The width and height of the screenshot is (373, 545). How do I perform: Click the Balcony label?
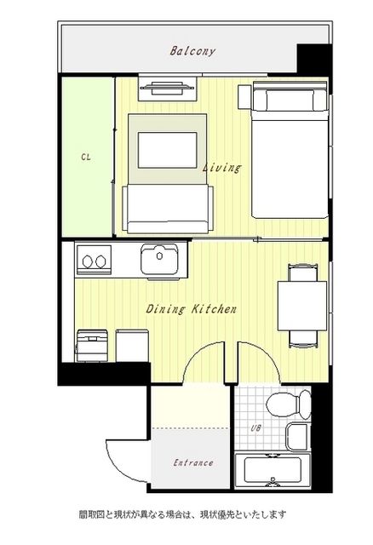(x=192, y=51)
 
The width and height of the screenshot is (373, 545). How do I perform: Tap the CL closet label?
(x=86, y=157)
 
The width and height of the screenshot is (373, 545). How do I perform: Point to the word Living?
(x=221, y=168)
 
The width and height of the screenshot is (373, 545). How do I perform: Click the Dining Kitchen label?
(x=192, y=308)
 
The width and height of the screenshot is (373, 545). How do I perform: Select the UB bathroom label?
(x=255, y=428)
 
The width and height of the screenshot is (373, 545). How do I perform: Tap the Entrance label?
(x=193, y=462)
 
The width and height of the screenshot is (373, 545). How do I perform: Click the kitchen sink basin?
(x=159, y=259)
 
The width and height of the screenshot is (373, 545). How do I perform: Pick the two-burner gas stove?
(x=95, y=260)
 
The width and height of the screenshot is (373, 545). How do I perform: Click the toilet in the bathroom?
(x=289, y=404)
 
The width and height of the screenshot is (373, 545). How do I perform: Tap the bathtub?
(x=273, y=470)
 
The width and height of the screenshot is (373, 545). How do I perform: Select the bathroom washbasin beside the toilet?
(x=297, y=437)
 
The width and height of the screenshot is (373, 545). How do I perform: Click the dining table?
(x=302, y=306)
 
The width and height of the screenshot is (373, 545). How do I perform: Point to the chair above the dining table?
(x=303, y=272)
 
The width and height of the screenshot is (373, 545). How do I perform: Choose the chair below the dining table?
(x=303, y=339)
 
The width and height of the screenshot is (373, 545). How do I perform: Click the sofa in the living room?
(x=168, y=209)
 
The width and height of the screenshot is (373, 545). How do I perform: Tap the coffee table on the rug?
(x=168, y=150)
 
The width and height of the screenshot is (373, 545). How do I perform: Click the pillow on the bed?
(x=290, y=100)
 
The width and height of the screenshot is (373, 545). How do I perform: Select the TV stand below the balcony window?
(x=168, y=89)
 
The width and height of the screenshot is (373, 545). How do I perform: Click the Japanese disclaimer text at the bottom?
(x=182, y=514)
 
